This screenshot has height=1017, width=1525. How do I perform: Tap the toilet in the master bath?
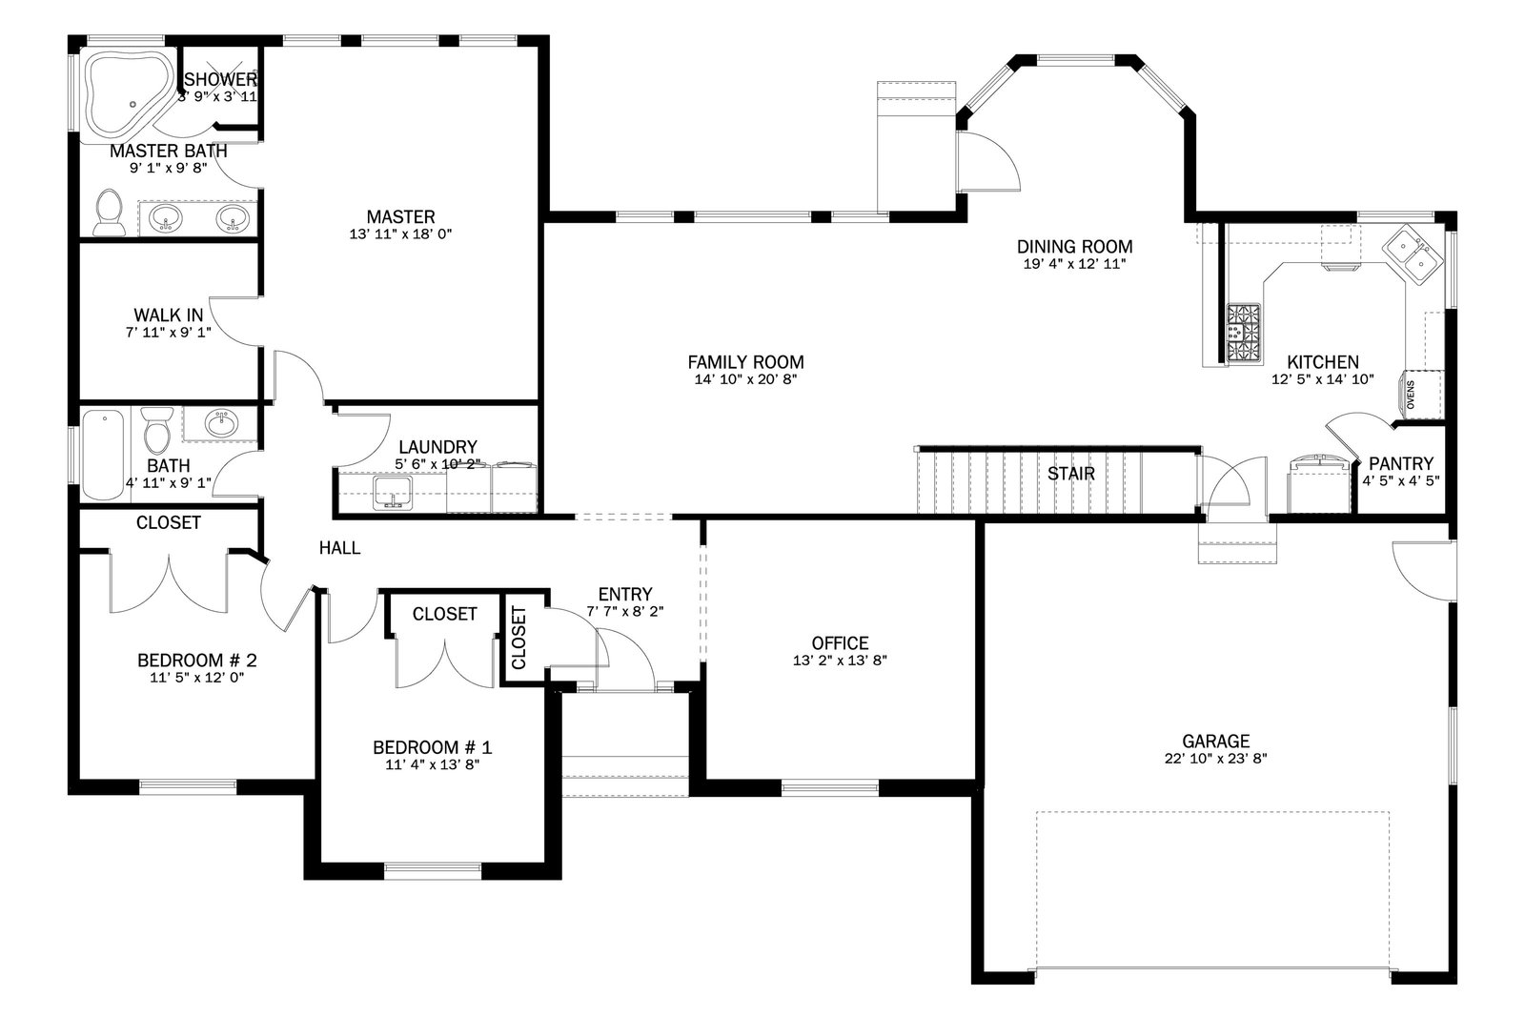click(x=109, y=214)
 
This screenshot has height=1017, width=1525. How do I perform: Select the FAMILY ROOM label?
click(x=745, y=362)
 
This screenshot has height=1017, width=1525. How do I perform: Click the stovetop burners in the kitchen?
click(x=1244, y=333)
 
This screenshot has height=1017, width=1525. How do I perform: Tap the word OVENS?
click(x=1411, y=395)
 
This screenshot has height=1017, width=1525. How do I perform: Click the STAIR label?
click(x=1071, y=474)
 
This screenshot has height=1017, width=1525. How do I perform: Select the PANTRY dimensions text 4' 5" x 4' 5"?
click(x=1400, y=481)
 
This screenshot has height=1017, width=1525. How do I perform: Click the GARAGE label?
click(x=1215, y=741)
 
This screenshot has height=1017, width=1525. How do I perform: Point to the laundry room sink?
click(x=392, y=492)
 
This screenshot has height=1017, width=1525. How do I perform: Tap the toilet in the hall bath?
click(x=157, y=429)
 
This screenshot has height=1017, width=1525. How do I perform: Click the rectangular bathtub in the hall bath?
click(x=104, y=454)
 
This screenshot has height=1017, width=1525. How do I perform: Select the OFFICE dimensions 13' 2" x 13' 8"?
click(x=840, y=661)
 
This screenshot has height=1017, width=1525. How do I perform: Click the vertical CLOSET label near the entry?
click(x=518, y=637)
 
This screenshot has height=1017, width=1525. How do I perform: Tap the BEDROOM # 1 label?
click(x=433, y=747)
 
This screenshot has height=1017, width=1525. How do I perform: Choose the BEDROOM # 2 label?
click(x=196, y=661)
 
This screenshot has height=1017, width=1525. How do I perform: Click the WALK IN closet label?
click(x=168, y=315)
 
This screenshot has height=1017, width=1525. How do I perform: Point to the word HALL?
click(x=339, y=548)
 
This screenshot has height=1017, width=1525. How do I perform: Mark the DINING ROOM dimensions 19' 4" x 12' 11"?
click(x=1074, y=264)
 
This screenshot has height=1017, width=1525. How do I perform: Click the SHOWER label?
click(x=220, y=80)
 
